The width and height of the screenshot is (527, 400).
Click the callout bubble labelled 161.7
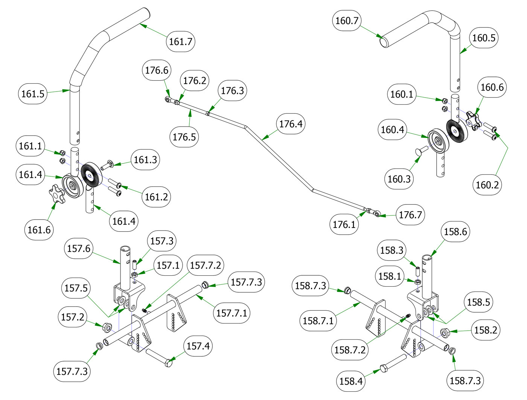[x=181, y=41]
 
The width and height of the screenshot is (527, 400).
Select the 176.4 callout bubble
[x=290, y=124]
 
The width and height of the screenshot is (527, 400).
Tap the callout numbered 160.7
[x=347, y=20]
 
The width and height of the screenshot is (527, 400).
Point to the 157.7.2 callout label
[x=206, y=266]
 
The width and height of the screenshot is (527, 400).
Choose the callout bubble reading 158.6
[x=455, y=232]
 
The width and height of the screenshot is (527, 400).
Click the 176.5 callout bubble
[x=184, y=137]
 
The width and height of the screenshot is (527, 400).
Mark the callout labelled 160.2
[x=487, y=185]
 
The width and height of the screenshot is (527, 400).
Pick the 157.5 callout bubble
[x=76, y=288]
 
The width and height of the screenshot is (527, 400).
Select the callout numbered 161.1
[x=30, y=146]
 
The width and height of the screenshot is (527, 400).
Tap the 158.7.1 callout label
[x=318, y=321]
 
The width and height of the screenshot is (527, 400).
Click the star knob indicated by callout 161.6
[x=56, y=194]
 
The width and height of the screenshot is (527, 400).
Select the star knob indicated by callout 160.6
[x=473, y=120]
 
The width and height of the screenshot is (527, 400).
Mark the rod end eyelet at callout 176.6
[x=168, y=99]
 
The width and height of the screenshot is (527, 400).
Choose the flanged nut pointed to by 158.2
[x=445, y=333]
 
